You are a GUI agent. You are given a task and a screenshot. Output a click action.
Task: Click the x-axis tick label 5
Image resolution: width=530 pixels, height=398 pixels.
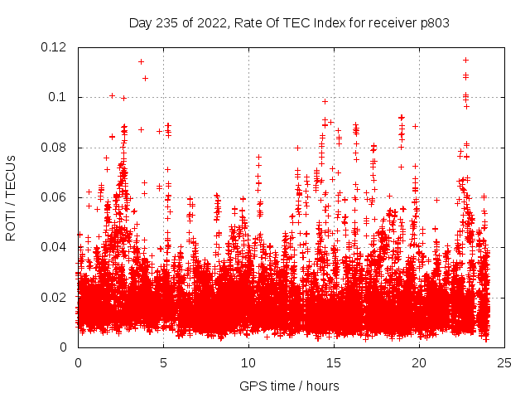(163, 363)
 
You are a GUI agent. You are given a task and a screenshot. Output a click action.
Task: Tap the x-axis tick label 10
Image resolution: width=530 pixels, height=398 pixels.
(248, 363)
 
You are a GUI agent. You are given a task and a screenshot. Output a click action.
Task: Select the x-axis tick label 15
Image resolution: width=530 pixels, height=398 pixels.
(334, 363)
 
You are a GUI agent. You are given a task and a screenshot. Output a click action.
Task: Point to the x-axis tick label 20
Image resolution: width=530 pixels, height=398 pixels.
(419, 363)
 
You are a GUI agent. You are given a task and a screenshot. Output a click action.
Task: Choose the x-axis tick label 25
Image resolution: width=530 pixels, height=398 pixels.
(504, 363)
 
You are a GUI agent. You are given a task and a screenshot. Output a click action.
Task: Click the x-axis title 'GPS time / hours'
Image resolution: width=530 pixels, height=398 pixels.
(291, 386)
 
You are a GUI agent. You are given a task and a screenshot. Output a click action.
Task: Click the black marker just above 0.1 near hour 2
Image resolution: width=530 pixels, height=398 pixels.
(112, 95)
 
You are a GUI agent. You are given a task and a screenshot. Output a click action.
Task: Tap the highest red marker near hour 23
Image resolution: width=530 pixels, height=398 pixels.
(465, 60)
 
